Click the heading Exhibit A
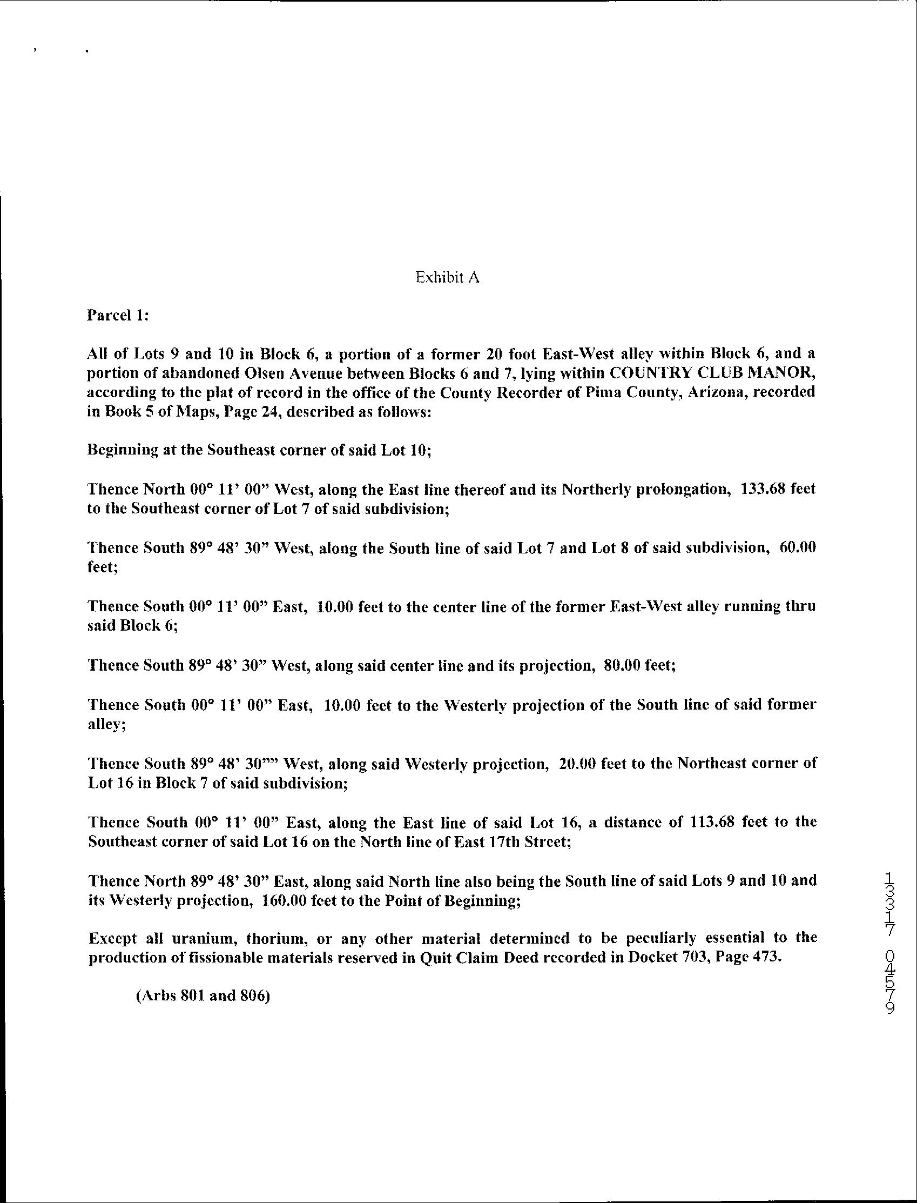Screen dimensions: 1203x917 [447, 277]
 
